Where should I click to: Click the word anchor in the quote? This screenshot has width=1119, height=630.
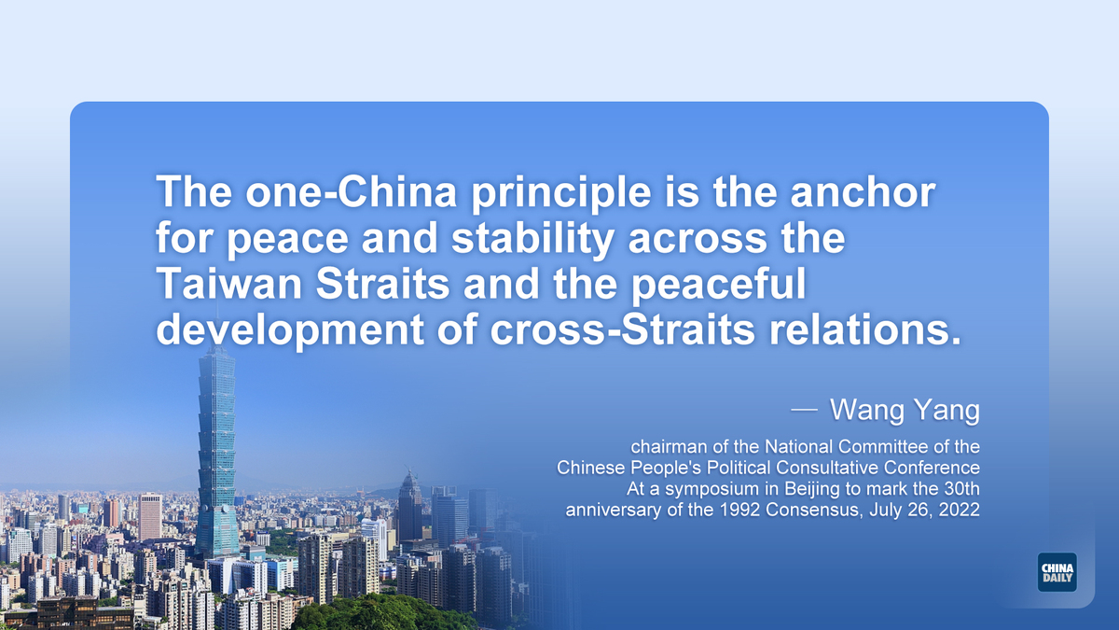pyautogui.click(x=863, y=192)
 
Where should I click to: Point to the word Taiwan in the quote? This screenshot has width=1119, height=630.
pyautogui.click(x=229, y=283)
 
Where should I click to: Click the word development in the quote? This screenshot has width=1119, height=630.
pyautogui.click(x=290, y=331)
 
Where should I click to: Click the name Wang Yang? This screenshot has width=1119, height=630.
pyautogui.click(x=905, y=411)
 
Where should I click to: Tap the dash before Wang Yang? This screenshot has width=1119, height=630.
pyautogui.click(x=804, y=411)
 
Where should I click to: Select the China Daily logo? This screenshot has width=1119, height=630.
pyautogui.click(x=1057, y=572)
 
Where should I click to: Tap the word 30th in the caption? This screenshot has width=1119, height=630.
pyautogui.click(x=962, y=488)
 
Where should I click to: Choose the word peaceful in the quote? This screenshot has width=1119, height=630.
pyautogui.click(x=718, y=285)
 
